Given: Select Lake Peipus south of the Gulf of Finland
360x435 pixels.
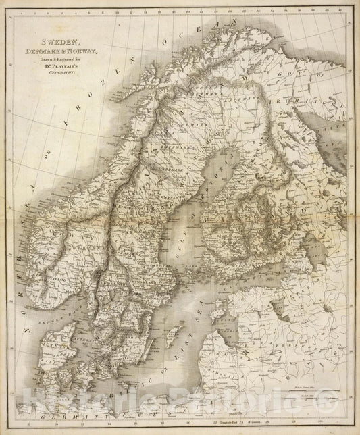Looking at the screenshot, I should click(x=276, y=311).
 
